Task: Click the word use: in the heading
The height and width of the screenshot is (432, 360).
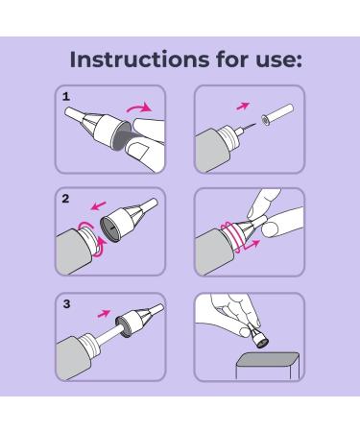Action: pyautogui.click(x=278, y=60)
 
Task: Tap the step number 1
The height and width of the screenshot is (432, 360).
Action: pyautogui.click(x=66, y=96)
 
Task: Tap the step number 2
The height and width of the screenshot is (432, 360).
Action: pyautogui.click(x=65, y=199)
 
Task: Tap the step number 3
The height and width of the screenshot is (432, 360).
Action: pyautogui.click(x=66, y=303)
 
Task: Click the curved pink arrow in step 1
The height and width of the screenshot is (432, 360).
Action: pyautogui.click(x=138, y=108)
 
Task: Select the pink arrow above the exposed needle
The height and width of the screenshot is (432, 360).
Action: pyautogui.click(x=243, y=106)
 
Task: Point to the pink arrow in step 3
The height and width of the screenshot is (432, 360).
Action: pyautogui.click(x=104, y=313)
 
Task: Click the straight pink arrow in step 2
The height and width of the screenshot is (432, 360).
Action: pyautogui.click(x=98, y=205)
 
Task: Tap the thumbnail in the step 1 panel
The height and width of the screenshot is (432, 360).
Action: pyautogui.click(x=140, y=151)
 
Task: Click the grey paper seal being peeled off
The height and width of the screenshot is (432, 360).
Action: pyautogui.click(x=124, y=137)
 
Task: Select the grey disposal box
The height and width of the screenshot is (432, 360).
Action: pyautogui.click(x=268, y=366)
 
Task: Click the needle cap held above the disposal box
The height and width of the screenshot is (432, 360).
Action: pyautogui.click(x=258, y=337)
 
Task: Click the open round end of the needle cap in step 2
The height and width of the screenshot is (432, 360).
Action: pyautogui.click(x=110, y=229)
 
